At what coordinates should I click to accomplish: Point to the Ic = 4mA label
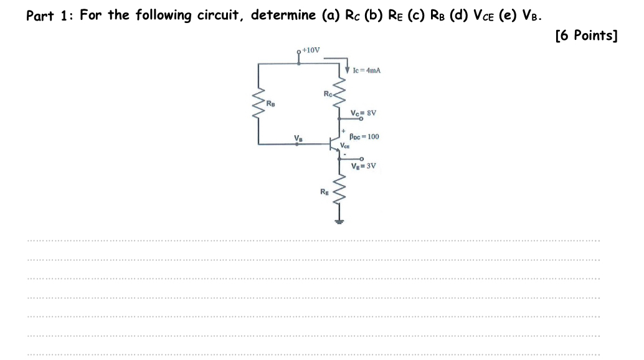coord(367,70)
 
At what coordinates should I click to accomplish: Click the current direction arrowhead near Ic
coord(347,70)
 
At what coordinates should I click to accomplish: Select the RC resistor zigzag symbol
coord(339,93)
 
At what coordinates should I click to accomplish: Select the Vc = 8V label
coord(364,113)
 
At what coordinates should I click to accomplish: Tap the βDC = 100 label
coord(364,136)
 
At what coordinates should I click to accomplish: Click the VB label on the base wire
coord(298,138)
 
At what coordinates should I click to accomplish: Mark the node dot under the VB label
coord(298,144)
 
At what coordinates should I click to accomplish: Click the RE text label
coord(324,192)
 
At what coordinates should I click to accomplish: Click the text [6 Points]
coord(585,36)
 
